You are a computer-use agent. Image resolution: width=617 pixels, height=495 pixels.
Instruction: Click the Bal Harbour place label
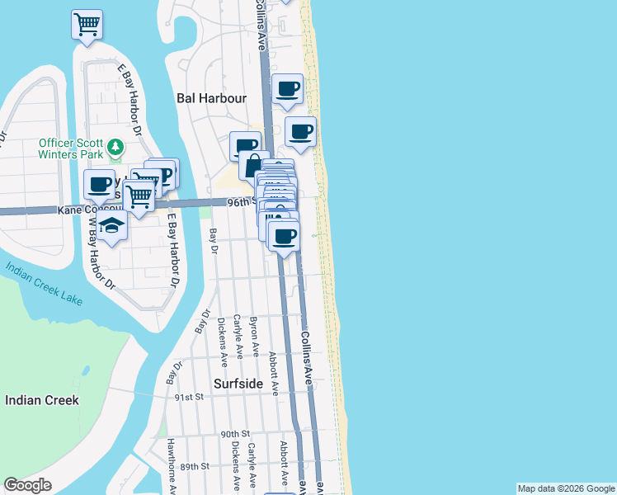pos(212,97)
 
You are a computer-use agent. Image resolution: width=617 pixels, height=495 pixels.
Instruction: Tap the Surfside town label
pos(238,384)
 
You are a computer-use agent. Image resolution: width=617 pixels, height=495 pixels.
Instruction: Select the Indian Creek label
pos(42,400)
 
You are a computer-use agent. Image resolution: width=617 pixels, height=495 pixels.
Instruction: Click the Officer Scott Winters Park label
pos(73,148)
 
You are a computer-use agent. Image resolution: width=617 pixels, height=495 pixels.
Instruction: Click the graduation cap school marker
pos(111,225)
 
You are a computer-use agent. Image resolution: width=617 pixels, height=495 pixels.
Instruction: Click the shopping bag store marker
pos(255,166)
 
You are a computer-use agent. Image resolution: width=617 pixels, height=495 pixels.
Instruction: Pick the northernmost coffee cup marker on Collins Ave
pos(287,89)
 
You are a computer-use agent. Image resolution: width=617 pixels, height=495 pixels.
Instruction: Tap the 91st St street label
pos(189,397)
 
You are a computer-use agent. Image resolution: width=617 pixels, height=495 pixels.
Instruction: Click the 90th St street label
pos(235,434)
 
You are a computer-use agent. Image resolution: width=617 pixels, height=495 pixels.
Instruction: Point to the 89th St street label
pos(195,466)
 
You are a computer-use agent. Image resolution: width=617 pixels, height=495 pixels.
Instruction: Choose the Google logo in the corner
pos(28,485)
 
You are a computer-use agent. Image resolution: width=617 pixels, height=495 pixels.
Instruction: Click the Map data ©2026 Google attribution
pos(565,488)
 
